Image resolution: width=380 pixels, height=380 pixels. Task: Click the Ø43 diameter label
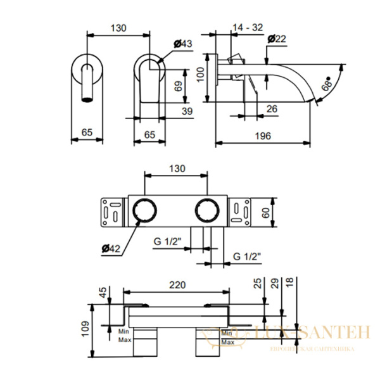(182, 43)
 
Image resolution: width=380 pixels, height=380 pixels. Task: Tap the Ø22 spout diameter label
(277, 39)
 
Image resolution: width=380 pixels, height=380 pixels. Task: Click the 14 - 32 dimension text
(248, 27)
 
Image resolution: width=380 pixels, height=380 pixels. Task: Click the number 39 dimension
(187, 110)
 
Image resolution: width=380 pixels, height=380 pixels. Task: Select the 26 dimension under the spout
(272, 109)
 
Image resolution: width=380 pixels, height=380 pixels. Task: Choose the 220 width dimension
(177, 286)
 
